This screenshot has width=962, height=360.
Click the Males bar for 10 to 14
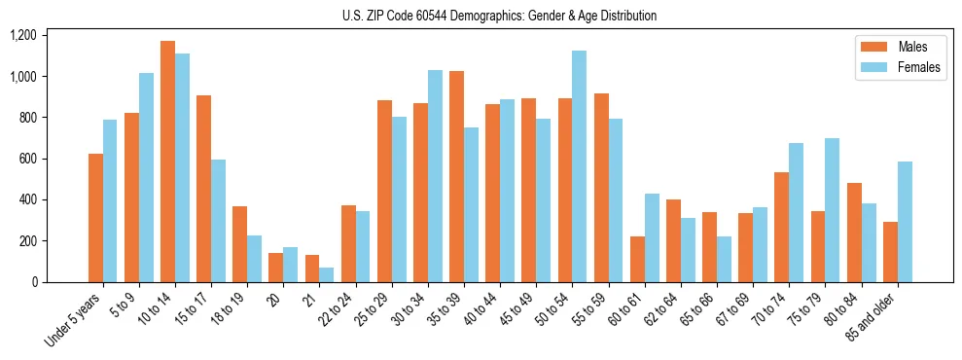coord(167,162)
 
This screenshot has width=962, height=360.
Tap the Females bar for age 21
coord(326,274)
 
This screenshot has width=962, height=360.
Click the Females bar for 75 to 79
coord(832,210)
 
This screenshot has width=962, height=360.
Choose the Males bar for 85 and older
coord(890,252)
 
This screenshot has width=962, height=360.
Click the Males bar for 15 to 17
coord(203,189)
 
